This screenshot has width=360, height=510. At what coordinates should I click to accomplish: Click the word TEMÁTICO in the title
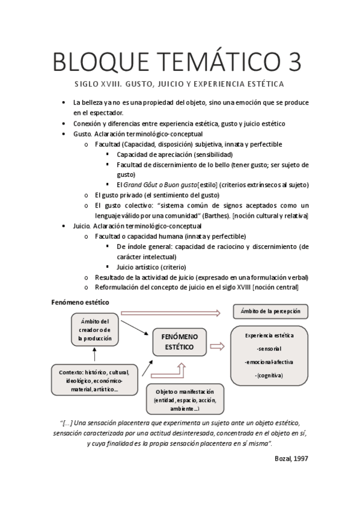click(207, 62)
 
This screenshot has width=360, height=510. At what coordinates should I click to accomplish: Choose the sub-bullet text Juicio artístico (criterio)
click(151, 266)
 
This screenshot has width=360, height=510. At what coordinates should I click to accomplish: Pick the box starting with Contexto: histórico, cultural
click(94, 381)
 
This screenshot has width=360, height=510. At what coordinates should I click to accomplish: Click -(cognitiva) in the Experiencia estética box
click(269, 375)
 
